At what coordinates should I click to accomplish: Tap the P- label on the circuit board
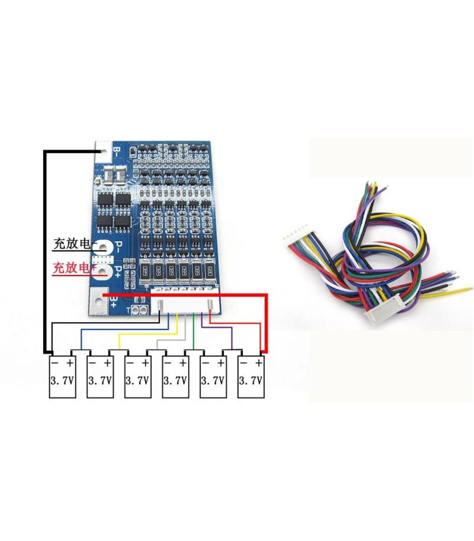[x=118, y=247]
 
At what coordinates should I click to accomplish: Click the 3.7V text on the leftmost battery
[x=62, y=381]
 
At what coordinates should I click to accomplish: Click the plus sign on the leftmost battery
[x=70, y=362]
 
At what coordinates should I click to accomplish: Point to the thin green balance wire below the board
[x=193, y=331]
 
